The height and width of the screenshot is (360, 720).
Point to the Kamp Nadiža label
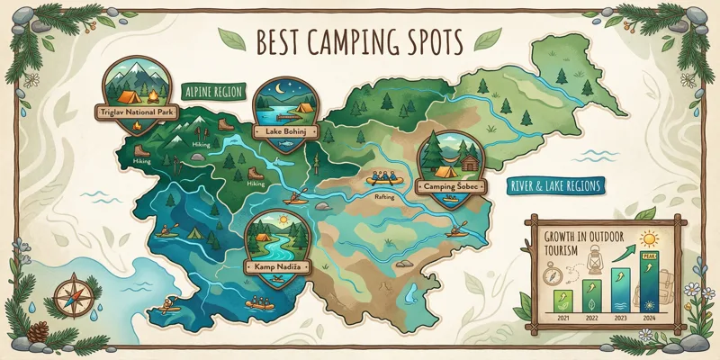274,267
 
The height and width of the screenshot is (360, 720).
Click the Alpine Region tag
214,92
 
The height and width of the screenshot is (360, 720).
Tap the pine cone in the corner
39,332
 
